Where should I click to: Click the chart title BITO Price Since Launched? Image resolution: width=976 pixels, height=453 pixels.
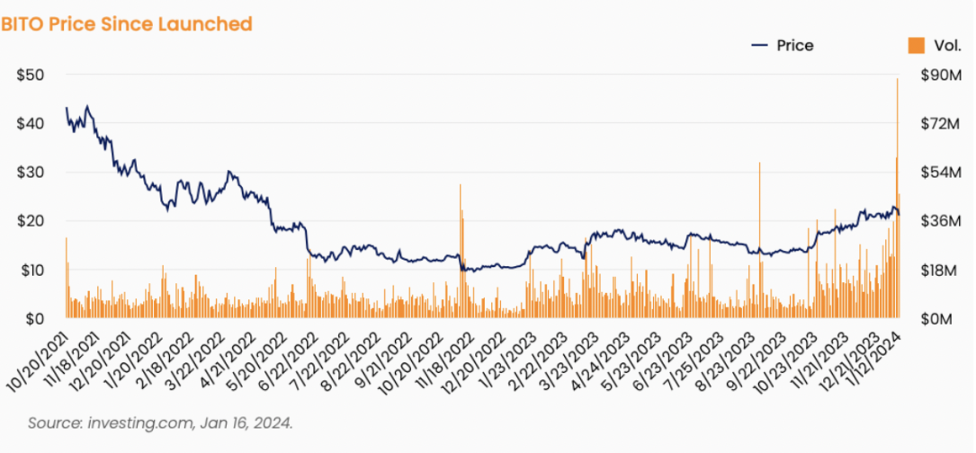[126, 24]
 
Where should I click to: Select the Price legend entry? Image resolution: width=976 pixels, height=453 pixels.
[783, 46]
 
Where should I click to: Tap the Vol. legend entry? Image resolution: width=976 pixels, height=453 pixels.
[927, 46]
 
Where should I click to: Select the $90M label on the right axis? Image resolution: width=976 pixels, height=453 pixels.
[941, 75]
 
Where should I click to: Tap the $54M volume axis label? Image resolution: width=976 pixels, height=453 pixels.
[941, 172]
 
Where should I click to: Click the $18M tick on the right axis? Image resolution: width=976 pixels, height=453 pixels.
[940, 270]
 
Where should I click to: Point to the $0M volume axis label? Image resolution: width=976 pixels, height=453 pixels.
[937, 318]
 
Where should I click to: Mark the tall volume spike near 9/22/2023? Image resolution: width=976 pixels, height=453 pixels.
[759, 240]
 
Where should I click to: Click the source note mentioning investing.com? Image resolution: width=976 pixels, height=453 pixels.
[160, 423]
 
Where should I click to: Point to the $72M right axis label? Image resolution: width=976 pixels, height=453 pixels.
[940, 123]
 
